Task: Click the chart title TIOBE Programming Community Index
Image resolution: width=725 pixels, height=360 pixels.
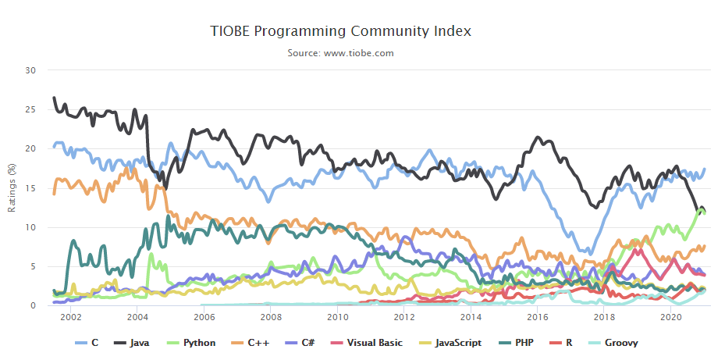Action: pyautogui.click(x=341, y=31)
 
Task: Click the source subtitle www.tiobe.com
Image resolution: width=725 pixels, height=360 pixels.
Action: pyautogui.click(x=340, y=53)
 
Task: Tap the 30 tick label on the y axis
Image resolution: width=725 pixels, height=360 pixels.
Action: pyautogui.click(x=31, y=70)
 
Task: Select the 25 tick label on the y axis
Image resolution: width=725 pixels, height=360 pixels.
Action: pyautogui.click(x=31, y=109)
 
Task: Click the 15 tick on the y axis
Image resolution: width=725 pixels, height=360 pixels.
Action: pyautogui.click(x=31, y=188)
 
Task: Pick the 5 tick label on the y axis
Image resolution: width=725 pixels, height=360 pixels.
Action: pyautogui.click(x=34, y=266)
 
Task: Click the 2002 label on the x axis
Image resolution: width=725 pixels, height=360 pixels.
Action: pyautogui.click(x=71, y=318)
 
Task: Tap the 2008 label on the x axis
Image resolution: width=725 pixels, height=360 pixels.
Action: pyautogui.click(x=271, y=318)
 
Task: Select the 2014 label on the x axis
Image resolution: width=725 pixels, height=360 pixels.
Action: pyautogui.click(x=471, y=318)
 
